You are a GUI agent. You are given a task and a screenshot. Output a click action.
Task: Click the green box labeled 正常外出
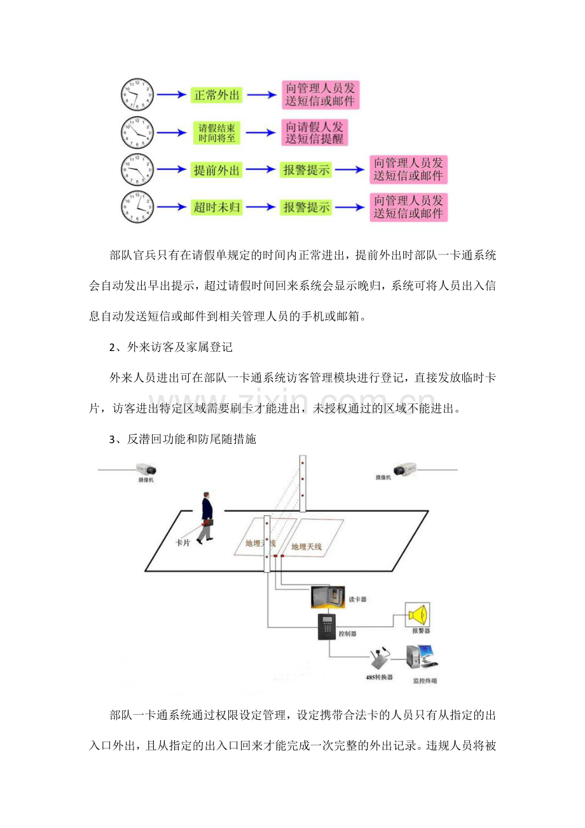(216, 95)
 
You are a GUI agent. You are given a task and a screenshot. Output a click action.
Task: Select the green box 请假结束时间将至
(217, 133)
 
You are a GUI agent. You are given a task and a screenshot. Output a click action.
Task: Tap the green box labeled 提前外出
(216, 170)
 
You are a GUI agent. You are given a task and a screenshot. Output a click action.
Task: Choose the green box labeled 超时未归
(216, 207)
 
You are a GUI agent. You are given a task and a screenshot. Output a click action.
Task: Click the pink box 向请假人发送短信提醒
(315, 133)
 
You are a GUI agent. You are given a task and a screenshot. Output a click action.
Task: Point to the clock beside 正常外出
(137, 95)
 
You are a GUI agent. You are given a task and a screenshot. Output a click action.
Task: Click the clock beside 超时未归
(137, 207)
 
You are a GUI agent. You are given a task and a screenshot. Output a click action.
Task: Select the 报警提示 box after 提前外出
(306, 170)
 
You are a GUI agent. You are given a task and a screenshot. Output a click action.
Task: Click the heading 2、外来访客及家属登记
(171, 347)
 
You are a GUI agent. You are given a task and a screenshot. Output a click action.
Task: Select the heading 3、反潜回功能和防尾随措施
(183, 439)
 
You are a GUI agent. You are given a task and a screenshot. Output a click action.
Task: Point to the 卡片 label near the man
(182, 542)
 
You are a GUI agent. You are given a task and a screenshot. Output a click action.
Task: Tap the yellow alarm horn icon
(418, 615)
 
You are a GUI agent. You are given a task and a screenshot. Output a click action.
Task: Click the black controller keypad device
(327, 626)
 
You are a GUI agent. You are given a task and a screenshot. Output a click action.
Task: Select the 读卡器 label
(357, 599)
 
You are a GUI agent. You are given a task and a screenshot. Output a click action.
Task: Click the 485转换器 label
(379, 677)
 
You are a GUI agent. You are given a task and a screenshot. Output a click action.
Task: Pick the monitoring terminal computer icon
(422, 657)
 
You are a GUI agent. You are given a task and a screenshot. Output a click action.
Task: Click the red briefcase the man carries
(208, 523)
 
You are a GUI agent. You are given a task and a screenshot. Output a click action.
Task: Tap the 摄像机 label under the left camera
(146, 480)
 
